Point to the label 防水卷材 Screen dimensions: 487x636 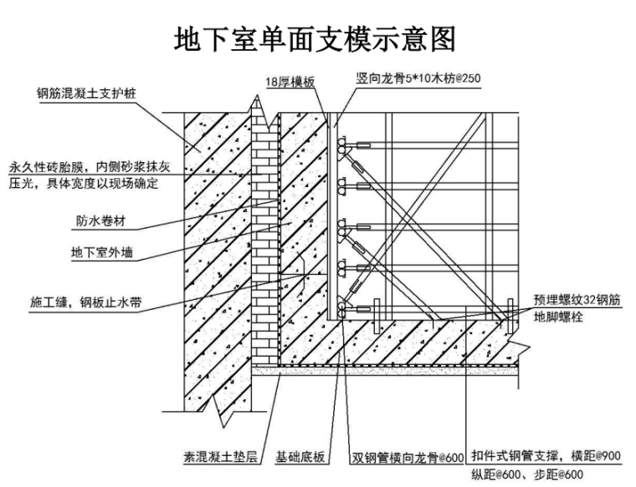pos(100,222)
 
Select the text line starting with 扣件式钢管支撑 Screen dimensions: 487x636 pos(545,456)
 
